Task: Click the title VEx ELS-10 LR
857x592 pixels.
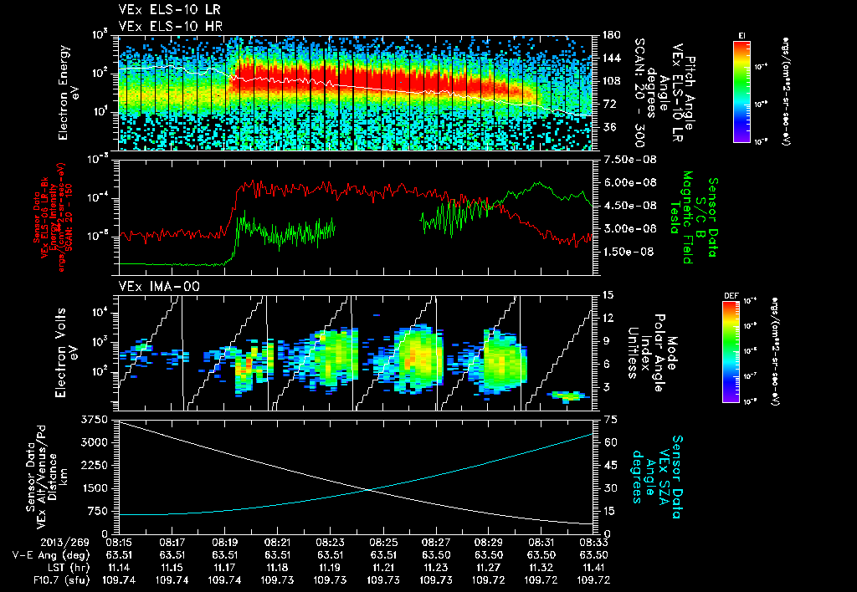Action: click(162, 11)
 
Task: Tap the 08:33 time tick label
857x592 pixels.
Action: click(593, 541)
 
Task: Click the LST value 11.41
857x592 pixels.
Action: click(593, 566)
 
